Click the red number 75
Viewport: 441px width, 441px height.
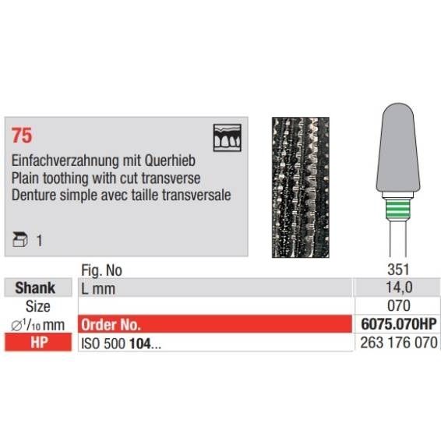tap(22, 136)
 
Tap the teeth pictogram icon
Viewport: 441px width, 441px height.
tap(228, 138)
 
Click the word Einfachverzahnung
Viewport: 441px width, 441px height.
tap(65, 161)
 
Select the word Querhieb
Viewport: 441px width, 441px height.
tap(170, 161)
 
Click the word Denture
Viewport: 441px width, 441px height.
tap(34, 196)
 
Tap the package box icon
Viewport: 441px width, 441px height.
tap(20, 240)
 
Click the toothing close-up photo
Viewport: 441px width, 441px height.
tap(301, 187)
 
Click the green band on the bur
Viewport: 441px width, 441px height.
tap(397, 210)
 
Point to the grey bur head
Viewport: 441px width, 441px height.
tap(398, 149)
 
